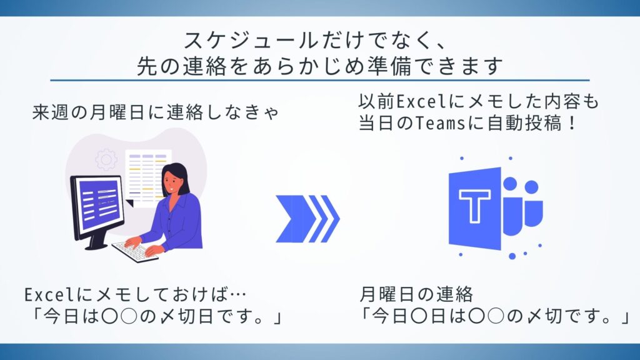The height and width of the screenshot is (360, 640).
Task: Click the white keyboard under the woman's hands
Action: click(x=134, y=251)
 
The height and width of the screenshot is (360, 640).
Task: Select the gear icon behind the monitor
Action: click(x=106, y=159)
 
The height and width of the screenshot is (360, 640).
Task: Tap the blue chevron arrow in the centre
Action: click(x=307, y=218)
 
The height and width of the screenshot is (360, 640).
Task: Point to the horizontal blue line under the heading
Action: click(x=319, y=80)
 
